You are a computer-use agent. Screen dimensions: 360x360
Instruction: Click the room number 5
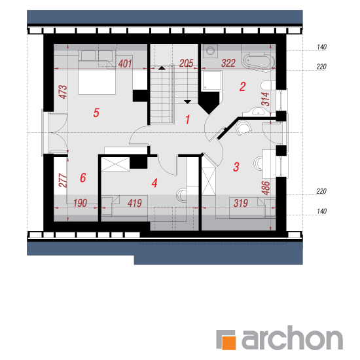tap(96, 113)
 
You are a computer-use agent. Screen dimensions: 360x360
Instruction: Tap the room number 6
tap(83, 177)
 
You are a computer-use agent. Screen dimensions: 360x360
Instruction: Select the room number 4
tap(154, 183)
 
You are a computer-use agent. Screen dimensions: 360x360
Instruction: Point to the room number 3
tap(236, 167)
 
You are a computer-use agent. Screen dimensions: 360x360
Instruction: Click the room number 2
tap(242, 87)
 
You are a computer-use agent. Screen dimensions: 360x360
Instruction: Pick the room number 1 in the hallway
tap(188, 119)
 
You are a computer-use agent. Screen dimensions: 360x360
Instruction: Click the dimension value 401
tap(125, 64)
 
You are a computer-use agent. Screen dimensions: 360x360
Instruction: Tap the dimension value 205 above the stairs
tap(186, 63)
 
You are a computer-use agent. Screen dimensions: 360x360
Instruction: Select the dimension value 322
tap(228, 63)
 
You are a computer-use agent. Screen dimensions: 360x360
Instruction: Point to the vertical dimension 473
tap(63, 92)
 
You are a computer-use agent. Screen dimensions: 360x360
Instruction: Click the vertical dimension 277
tap(63, 181)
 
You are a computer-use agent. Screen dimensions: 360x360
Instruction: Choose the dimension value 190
tap(80, 203)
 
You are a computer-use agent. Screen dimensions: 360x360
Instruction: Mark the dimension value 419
tap(135, 203)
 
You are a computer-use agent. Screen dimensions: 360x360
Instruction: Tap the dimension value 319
tap(241, 203)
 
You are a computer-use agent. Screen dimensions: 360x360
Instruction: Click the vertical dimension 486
tap(266, 188)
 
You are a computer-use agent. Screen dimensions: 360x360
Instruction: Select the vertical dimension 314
tap(266, 99)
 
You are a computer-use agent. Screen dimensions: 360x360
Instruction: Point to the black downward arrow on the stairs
tap(188, 101)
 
